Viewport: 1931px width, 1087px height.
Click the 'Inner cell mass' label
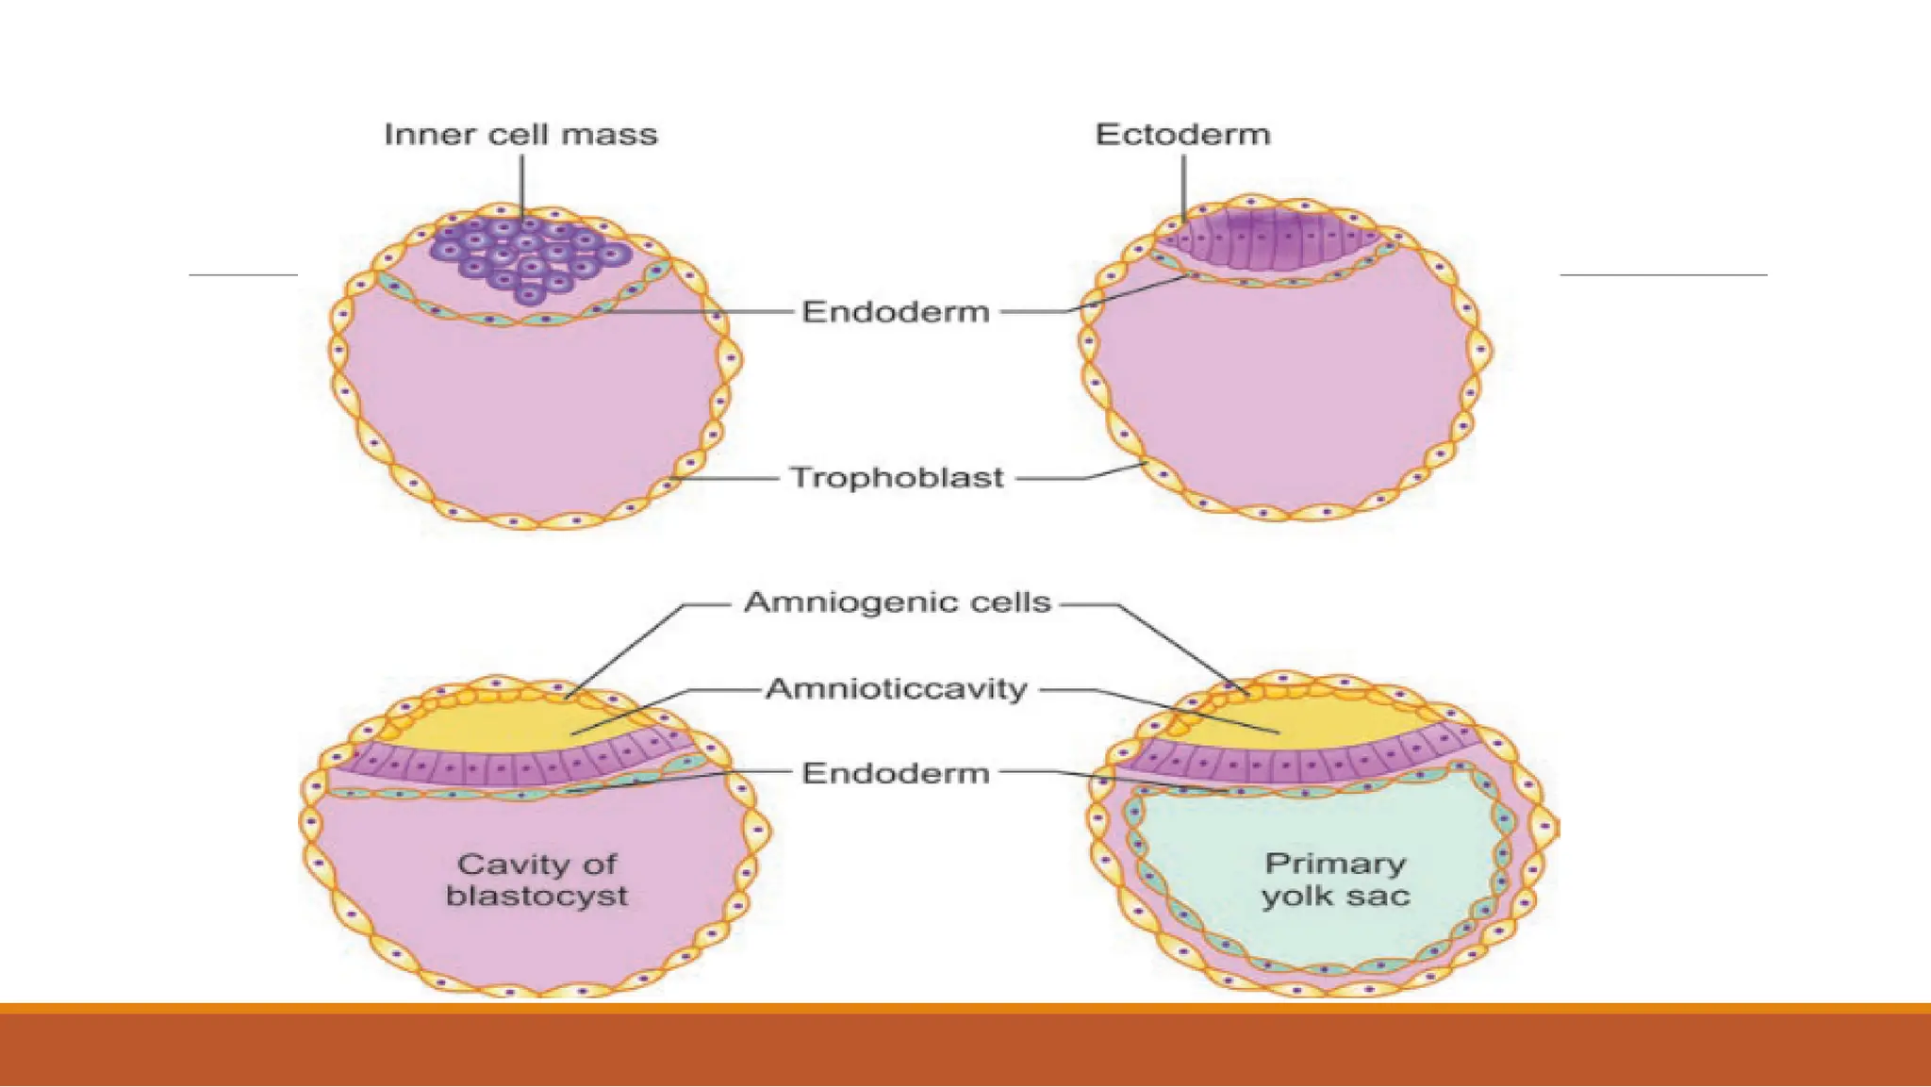(520, 135)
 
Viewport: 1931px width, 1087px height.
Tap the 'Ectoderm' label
(1183, 135)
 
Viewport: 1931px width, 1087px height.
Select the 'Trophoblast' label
(897, 478)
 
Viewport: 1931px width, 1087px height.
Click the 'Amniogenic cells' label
(898, 602)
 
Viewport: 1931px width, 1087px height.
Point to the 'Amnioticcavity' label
(897, 689)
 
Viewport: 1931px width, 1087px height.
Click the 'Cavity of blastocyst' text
(536, 880)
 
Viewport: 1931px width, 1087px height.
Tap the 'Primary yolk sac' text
(1335, 880)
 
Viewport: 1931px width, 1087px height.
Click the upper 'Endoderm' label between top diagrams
(896, 312)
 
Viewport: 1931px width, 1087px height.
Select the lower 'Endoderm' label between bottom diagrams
(896, 774)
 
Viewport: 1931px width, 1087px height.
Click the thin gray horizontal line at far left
(243, 275)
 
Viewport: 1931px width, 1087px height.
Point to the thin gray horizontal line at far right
(1663, 275)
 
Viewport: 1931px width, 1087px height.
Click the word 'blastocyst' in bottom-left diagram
(536, 896)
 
